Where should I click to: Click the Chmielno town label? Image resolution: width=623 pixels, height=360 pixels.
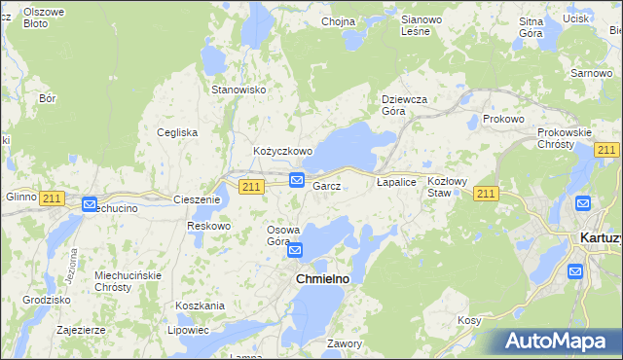pyautogui.click(x=322, y=279)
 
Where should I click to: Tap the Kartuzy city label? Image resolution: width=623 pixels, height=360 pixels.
pyautogui.click(x=600, y=237)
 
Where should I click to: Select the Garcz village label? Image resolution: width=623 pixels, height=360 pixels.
pyautogui.click(x=325, y=186)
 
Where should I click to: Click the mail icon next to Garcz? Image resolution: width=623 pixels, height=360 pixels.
pyautogui.click(x=296, y=180)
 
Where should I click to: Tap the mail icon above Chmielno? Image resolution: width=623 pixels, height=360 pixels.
pyautogui.click(x=294, y=251)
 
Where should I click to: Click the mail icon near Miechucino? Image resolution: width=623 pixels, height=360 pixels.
pyautogui.click(x=90, y=204)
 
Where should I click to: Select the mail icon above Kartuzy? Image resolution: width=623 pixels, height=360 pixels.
pyautogui.click(x=583, y=203)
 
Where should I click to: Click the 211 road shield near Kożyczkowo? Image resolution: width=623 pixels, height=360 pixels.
pyautogui.click(x=252, y=186)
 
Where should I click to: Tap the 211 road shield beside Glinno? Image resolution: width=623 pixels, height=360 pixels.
pyautogui.click(x=53, y=198)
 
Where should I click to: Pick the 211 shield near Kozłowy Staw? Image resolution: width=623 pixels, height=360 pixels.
pyautogui.click(x=487, y=195)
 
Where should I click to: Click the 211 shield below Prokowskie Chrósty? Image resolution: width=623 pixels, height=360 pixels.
pyautogui.click(x=606, y=149)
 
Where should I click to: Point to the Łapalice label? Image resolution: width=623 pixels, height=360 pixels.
pyautogui.click(x=396, y=182)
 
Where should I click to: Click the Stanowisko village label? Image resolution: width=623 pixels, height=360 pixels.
pyautogui.click(x=239, y=90)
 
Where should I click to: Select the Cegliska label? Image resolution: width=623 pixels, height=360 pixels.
pyautogui.click(x=178, y=132)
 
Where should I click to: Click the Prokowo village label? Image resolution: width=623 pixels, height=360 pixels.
pyautogui.click(x=503, y=119)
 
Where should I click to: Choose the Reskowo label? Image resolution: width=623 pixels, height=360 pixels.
pyautogui.click(x=209, y=226)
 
